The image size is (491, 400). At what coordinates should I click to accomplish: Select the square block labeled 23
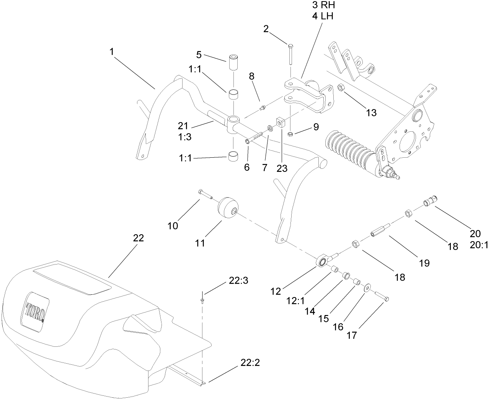(281, 123)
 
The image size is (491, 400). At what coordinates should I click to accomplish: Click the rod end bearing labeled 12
(322, 261)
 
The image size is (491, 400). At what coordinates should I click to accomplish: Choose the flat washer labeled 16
(367, 287)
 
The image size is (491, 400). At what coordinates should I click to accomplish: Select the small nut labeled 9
(290, 133)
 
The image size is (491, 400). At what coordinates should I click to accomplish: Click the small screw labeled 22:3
(201, 298)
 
